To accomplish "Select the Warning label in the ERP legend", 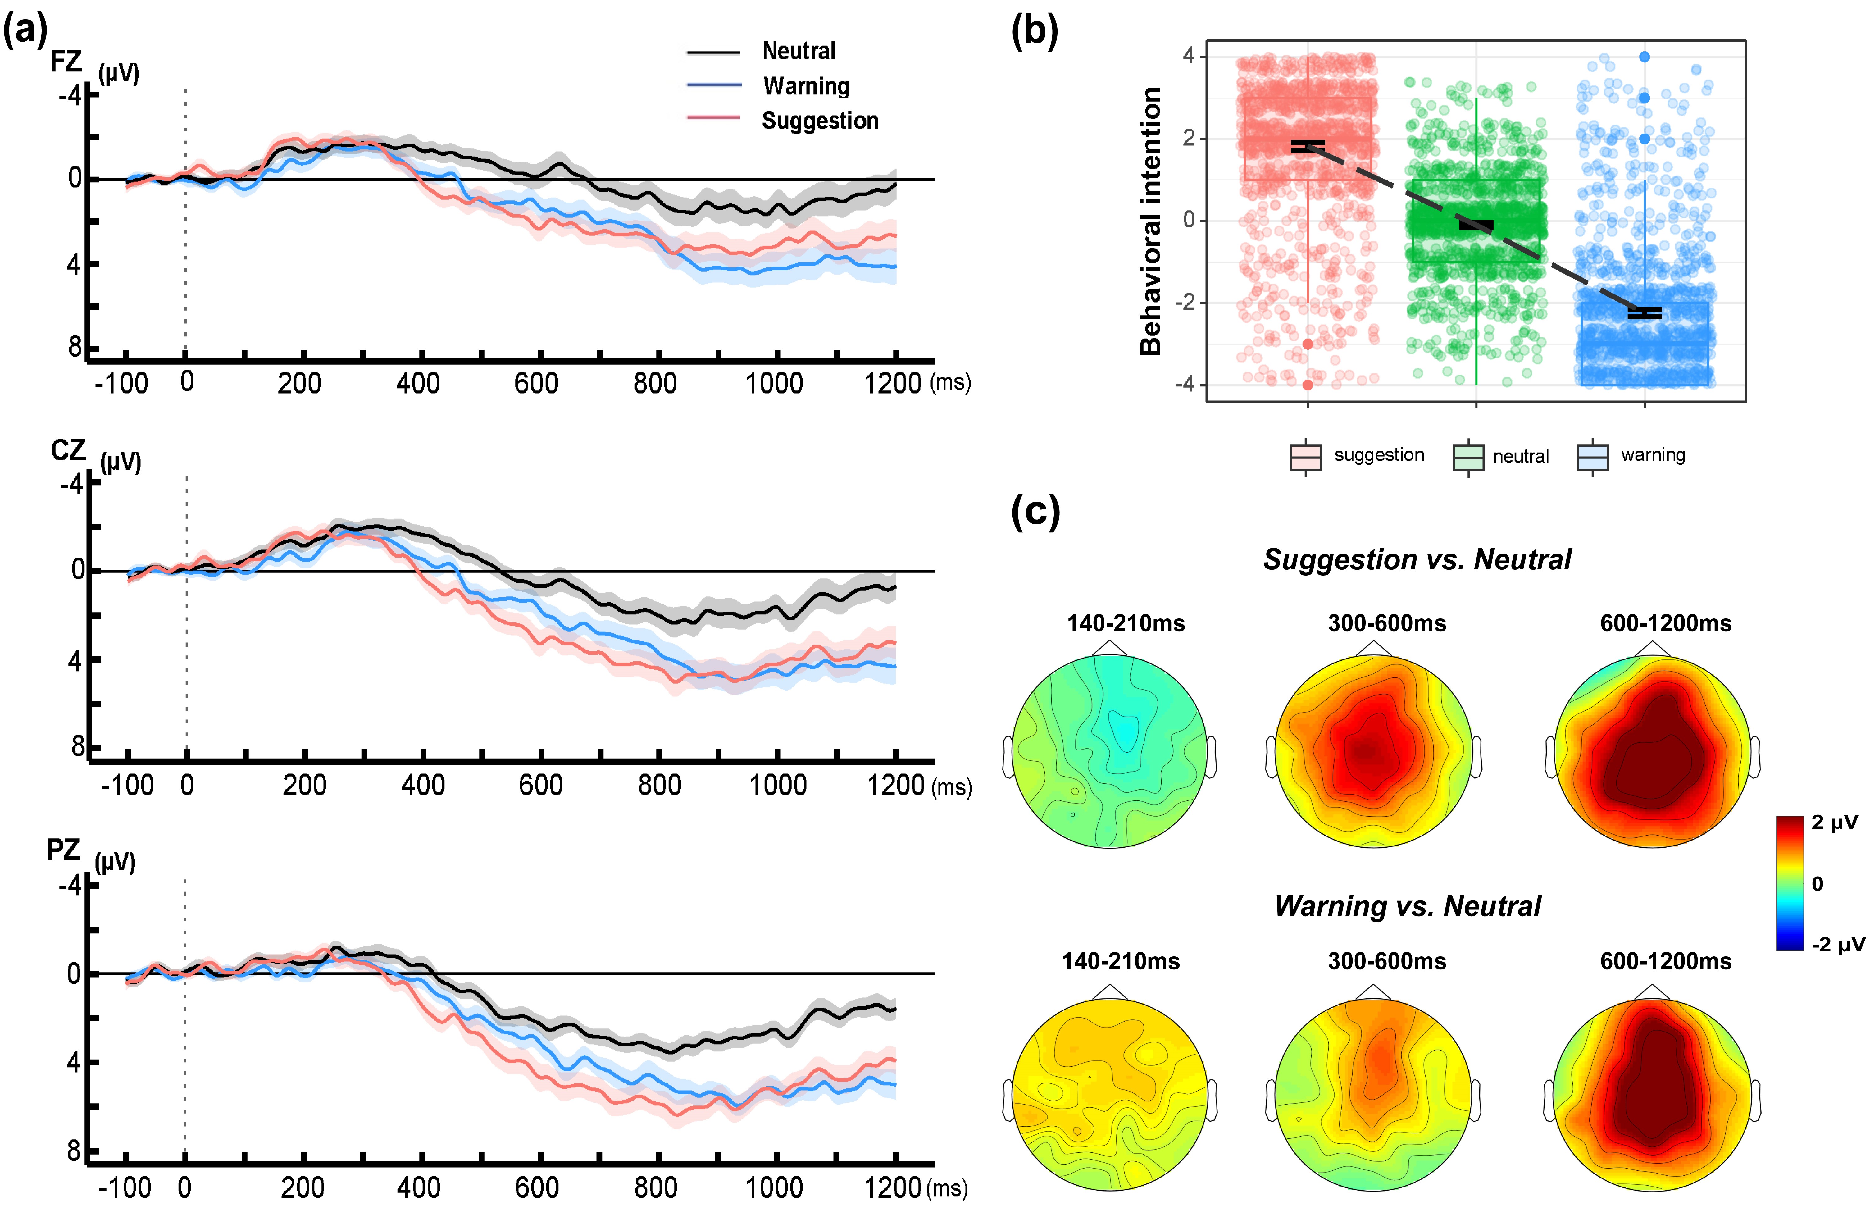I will click(806, 86).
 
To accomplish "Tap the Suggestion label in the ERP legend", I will click(819, 121).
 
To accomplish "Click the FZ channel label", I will click(66, 61).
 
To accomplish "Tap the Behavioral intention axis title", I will click(1150, 221).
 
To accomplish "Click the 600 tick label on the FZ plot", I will click(536, 384).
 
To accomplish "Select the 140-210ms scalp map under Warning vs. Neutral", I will click(1109, 1096).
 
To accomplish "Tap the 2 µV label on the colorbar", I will click(1835, 823).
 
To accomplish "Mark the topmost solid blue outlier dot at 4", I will click(1644, 57).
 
